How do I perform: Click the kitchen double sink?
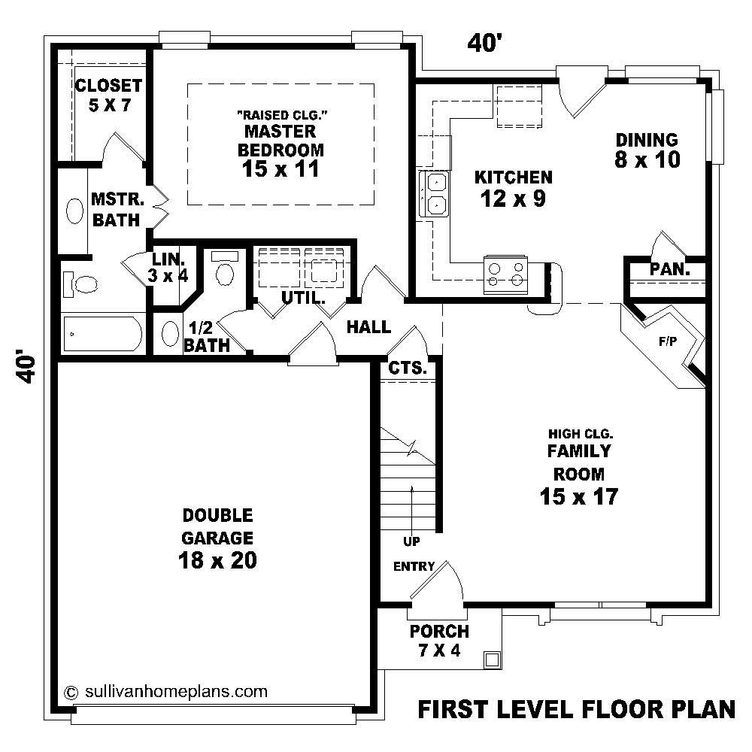434,194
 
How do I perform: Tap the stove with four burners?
505,274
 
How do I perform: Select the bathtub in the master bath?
103,334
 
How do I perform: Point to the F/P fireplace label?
668,341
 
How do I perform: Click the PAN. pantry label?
669,269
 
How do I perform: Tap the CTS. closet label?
407,368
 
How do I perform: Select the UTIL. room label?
303,298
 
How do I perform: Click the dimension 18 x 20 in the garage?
217,559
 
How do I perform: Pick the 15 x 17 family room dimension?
579,496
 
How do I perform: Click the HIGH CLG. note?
581,434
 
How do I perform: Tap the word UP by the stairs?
411,541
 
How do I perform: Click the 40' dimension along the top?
484,43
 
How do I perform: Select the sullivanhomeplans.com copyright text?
166,692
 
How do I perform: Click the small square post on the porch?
492,660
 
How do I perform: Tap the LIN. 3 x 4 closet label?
168,267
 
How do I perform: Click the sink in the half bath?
170,334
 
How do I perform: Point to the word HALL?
368,328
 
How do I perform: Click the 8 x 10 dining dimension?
647,159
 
